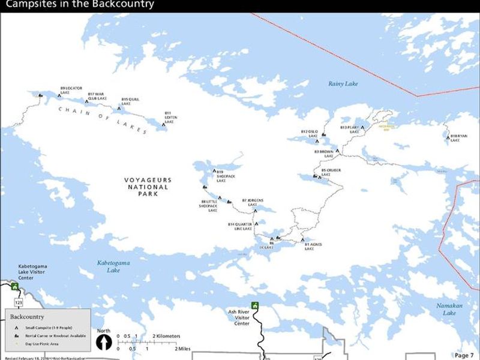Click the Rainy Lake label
(343, 84)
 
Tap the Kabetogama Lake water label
(113, 266)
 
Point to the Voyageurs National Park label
(148, 187)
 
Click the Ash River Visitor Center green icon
(255, 306)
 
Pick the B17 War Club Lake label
(96, 96)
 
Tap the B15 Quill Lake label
(130, 101)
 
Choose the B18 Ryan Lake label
(458, 138)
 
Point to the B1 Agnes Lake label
(313, 246)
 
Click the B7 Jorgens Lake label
(253, 202)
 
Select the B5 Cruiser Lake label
(331, 172)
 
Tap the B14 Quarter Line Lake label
(240, 226)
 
